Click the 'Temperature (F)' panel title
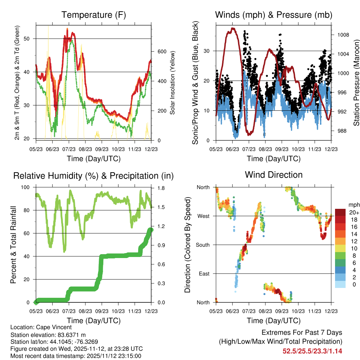[x=93, y=15]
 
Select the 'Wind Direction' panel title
[x=274, y=175]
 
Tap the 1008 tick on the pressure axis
[x=340, y=35]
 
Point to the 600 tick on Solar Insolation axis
[x=162, y=52]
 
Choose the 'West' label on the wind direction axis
[x=203, y=216]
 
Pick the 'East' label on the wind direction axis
[x=204, y=274]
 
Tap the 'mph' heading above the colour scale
[x=353, y=205]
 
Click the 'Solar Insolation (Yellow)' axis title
[x=173, y=83]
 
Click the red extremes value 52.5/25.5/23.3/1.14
[x=312, y=351]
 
